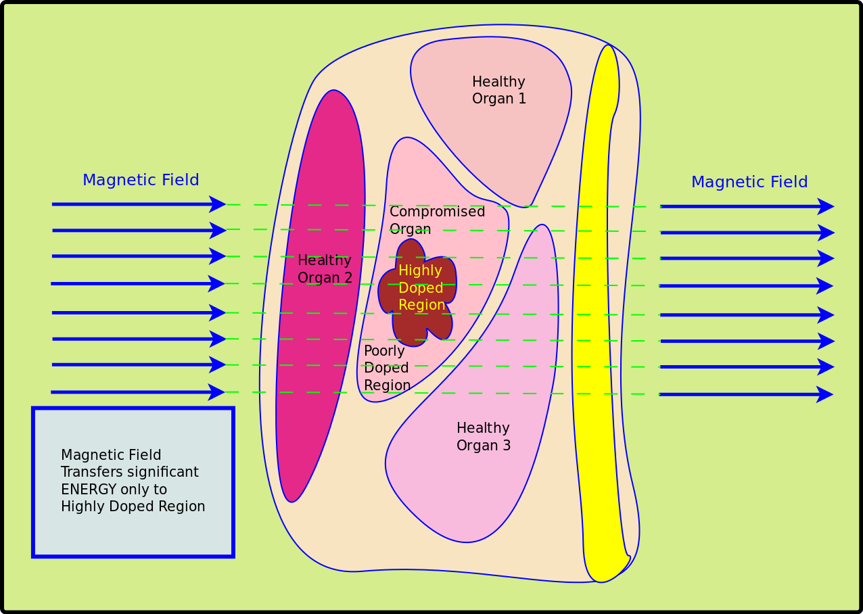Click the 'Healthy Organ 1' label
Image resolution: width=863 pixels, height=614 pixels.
tap(498, 90)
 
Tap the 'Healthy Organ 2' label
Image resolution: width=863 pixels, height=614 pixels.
tap(325, 268)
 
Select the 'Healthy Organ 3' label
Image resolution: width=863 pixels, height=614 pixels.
tap(483, 436)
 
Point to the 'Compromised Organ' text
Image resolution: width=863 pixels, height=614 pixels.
tap(437, 220)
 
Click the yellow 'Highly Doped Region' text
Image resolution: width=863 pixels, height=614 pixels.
tap(421, 287)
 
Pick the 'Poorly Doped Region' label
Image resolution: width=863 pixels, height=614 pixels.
tap(387, 369)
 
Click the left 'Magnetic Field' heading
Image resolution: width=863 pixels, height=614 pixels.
tap(141, 180)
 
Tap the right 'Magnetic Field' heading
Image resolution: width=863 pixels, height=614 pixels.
tap(749, 182)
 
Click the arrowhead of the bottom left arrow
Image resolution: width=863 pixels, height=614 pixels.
tap(217, 392)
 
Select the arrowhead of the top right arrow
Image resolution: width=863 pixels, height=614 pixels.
tap(826, 206)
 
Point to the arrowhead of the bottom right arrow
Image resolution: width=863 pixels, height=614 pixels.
tap(825, 394)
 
